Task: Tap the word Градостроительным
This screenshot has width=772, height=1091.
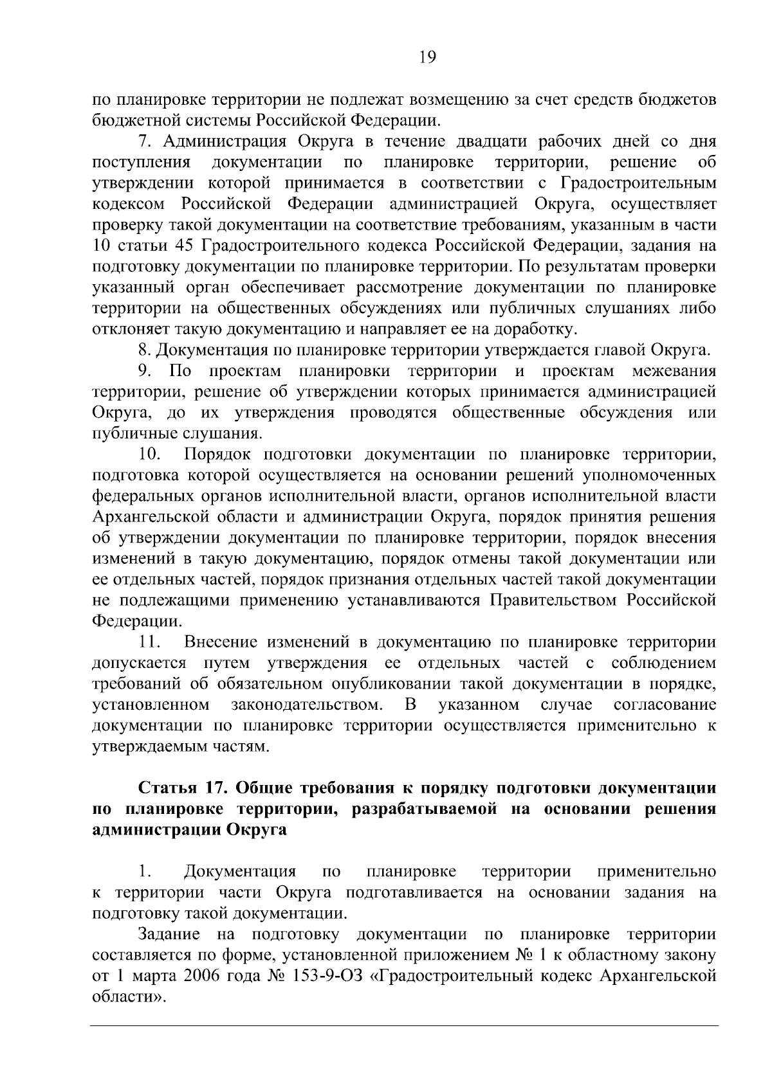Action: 639,183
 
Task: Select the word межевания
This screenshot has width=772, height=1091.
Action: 674,372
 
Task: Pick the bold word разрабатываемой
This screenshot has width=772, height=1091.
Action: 425,809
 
